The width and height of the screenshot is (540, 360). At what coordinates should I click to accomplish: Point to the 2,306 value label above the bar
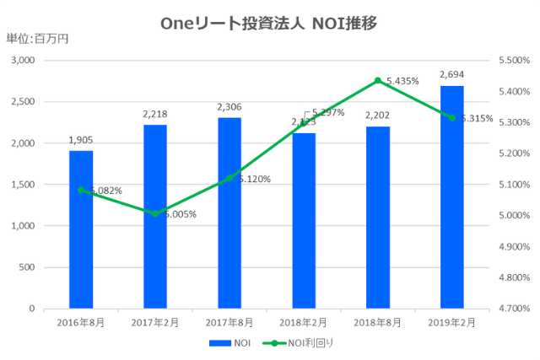[x=229, y=107]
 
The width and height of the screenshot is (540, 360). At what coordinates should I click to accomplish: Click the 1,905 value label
[x=81, y=140]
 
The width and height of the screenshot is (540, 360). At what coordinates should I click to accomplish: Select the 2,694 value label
[x=452, y=75]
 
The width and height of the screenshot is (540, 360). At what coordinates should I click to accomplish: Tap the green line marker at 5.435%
[x=378, y=81]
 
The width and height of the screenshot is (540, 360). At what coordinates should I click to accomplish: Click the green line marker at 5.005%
[x=155, y=214]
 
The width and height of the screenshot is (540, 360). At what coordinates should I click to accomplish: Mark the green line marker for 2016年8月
[x=81, y=190]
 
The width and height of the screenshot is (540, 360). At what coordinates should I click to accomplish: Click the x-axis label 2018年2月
[x=304, y=322]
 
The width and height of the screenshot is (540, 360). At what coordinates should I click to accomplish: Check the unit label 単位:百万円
[x=37, y=39]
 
